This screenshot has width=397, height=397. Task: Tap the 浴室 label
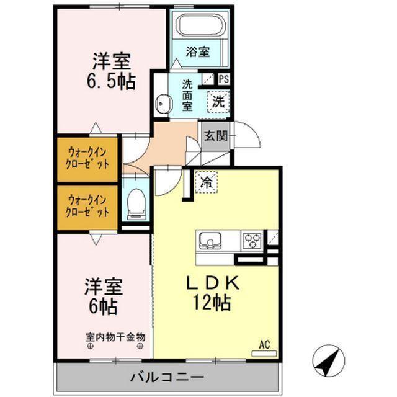[198, 53]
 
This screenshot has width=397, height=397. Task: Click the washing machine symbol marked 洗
[219, 102]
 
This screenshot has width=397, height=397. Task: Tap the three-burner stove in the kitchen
[251, 239]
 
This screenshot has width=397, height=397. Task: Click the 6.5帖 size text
[112, 81]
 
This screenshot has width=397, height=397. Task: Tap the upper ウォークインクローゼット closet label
[88, 158]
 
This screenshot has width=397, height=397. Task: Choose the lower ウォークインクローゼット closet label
[88, 205]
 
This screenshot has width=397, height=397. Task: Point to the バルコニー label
[167, 377]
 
